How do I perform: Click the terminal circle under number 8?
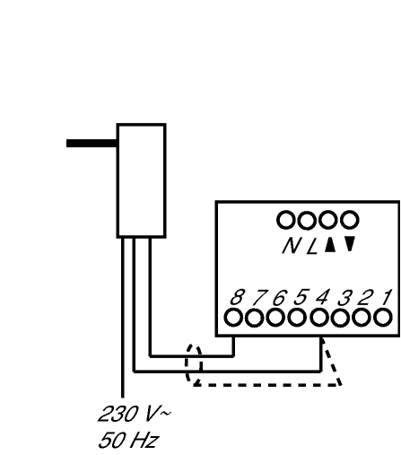[x=233, y=318]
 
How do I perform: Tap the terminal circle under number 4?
[x=319, y=318]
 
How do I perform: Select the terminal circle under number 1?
[x=383, y=318]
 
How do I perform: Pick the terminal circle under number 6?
[x=275, y=318]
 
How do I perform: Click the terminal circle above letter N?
[x=286, y=220]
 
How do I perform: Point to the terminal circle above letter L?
[x=307, y=220]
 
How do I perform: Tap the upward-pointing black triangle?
[x=330, y=245]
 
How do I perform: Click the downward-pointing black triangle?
[x=350, y=243]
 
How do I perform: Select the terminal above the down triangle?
[x=350, y=220]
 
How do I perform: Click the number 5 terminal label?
[x=301, y=297]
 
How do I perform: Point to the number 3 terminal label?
[x=344, y=297]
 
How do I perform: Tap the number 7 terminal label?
[x=259, y=297]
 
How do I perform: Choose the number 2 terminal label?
[x=365, y=297]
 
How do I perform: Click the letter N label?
[x=291, y=246]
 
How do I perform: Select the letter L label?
[x=311, y=247]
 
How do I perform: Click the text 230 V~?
[x=135, y=414]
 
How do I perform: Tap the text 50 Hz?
[x=128, y=440]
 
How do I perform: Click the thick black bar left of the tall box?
[x=92, y=143]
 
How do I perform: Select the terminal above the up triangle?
[x=328, y=220]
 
